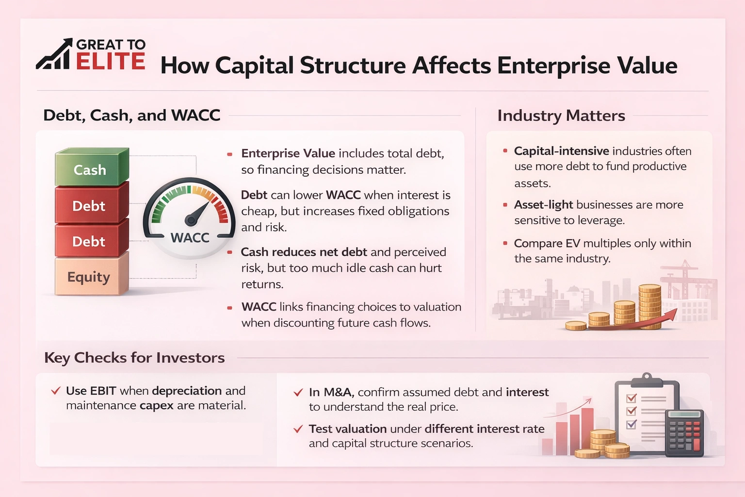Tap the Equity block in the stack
click(89, 277)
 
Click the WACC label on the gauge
click(190, 238)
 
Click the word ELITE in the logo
click(111, 62)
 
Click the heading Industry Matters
click(561, 116)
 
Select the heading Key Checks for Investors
click(134, 358)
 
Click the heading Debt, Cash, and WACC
click(132, 116)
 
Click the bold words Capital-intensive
click(561, 151)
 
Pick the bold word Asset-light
click(543, 205)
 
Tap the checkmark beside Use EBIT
click(56, 391)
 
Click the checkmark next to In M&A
click(298, 392)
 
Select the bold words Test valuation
click(347, 429)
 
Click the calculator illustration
click(684, 433)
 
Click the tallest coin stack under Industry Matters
click(650, 306)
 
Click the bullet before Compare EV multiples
click(505, 243)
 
